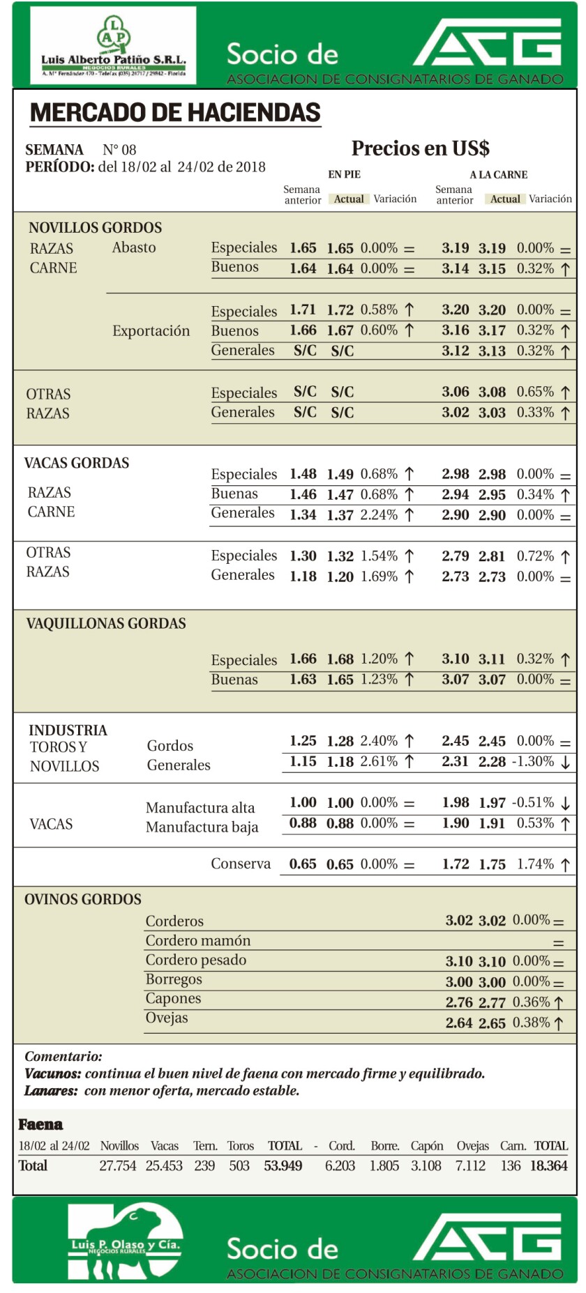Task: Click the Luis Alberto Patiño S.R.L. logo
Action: (113, 46)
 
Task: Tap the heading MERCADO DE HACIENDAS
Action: (175, 113)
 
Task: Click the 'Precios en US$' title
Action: (420, 148)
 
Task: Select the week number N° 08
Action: (119, 150)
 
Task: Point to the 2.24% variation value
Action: (379, 515)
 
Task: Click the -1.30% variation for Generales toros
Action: (534, 762)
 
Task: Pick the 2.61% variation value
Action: (379, 762)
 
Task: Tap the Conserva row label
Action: (241, 864)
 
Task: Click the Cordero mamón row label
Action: (197, 941)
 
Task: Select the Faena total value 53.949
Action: (283, 1166)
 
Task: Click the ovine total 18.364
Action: (548, 1166)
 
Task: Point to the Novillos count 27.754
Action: (118, 1166)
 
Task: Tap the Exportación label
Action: (151, 331)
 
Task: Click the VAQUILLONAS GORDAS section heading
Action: (106, 624)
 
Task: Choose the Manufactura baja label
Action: (202, 827)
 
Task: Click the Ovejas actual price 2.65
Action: (492, 1023)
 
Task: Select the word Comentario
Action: (63, 1057)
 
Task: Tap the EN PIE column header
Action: (345, 175)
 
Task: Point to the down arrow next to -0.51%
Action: (565, 804)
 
